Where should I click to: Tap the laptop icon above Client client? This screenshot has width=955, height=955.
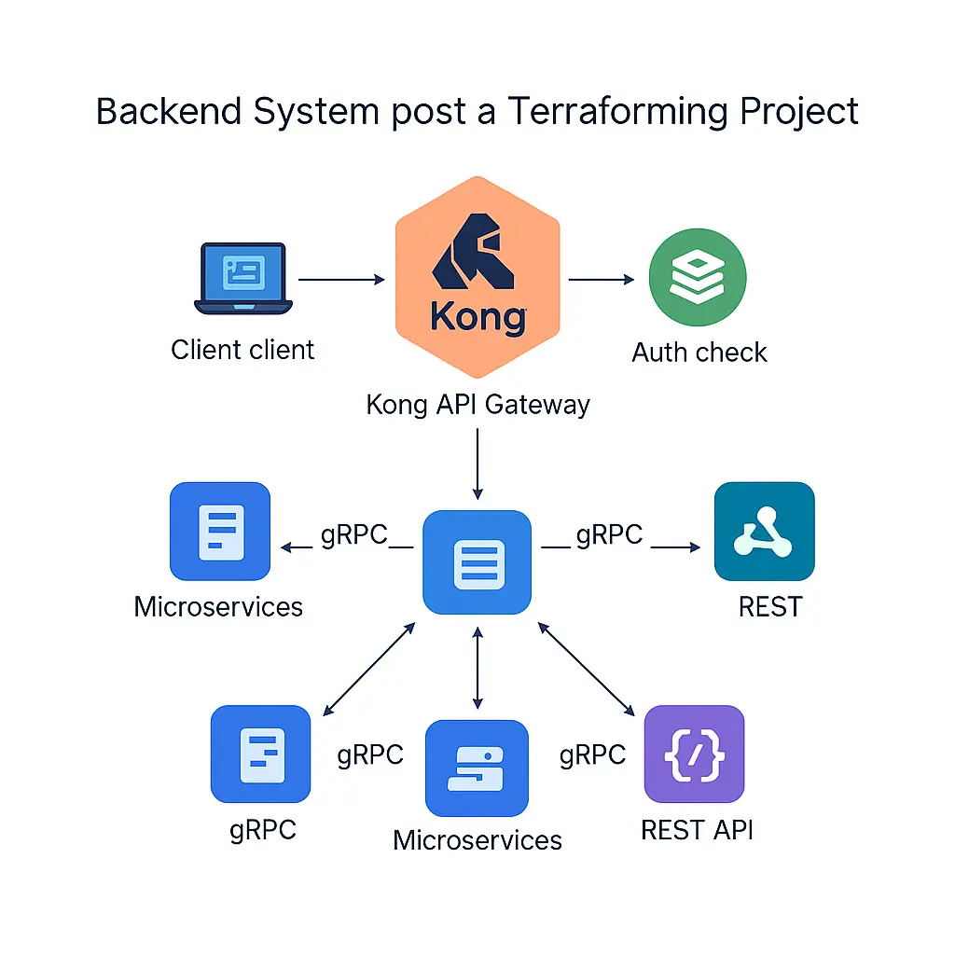pyautogui.click(x=243, y=278)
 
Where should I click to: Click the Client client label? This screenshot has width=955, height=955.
pyautogui.click(x=243, y=350)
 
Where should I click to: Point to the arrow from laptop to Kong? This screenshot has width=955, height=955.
pyautogui.click(x=341, y=279)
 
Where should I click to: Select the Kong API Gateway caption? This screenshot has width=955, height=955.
pyautogui.click(x=477, y=405)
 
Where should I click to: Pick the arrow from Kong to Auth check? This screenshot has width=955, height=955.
pyautogui.click(x=602, y=279)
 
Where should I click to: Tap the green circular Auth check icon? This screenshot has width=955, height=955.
pyautogui.click(x=698, y=278)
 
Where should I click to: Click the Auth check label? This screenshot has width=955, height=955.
pyautogui.click(x=699, y=353)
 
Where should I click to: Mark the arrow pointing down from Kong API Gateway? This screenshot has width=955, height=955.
pyautogui.click(x=477, y=463)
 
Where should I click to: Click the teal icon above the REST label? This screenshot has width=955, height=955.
pyautogui.click(x=764, y=532)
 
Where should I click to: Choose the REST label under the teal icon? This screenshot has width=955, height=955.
pyautogui.click(x=769, y=607)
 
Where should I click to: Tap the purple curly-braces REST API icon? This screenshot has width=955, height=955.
pyautogui.click(x=695, y=754)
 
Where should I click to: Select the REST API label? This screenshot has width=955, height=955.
pyautogui.click(x=697, y=829)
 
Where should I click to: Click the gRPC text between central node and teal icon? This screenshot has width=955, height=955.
pyautogui.click(x=609, y=534)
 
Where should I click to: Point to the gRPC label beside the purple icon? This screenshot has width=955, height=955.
pyautogui.click(x=592, y=754)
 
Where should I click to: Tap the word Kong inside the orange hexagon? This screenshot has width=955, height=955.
pyautogui.click(x=477, y=317)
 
